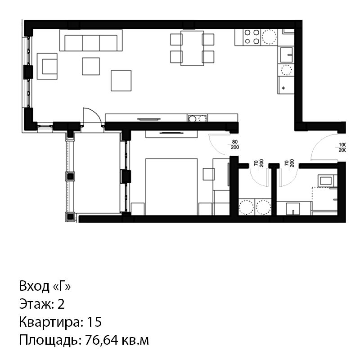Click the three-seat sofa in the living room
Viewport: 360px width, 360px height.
point(91,40)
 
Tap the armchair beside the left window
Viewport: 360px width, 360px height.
point(47,66)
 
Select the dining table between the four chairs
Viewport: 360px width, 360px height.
point(192,48)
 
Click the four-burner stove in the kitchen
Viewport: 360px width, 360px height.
point(252,37)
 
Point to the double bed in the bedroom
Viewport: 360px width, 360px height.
point(171,187)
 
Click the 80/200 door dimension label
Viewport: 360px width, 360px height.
point(234,144)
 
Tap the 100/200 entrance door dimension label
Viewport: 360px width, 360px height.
point(342,148)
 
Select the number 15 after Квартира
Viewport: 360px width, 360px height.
point(94,322)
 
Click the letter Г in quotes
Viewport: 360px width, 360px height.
point(62,286)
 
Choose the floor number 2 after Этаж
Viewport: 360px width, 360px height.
point(61,304)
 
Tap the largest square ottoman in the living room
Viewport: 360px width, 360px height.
point(121,81)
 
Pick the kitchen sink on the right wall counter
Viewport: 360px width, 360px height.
point(286,55)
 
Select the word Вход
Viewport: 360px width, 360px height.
point(35,286)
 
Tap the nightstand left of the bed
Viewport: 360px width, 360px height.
point(138,209)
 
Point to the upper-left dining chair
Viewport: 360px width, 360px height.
point(176,40)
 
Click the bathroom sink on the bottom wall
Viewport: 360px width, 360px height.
point(293,209)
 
